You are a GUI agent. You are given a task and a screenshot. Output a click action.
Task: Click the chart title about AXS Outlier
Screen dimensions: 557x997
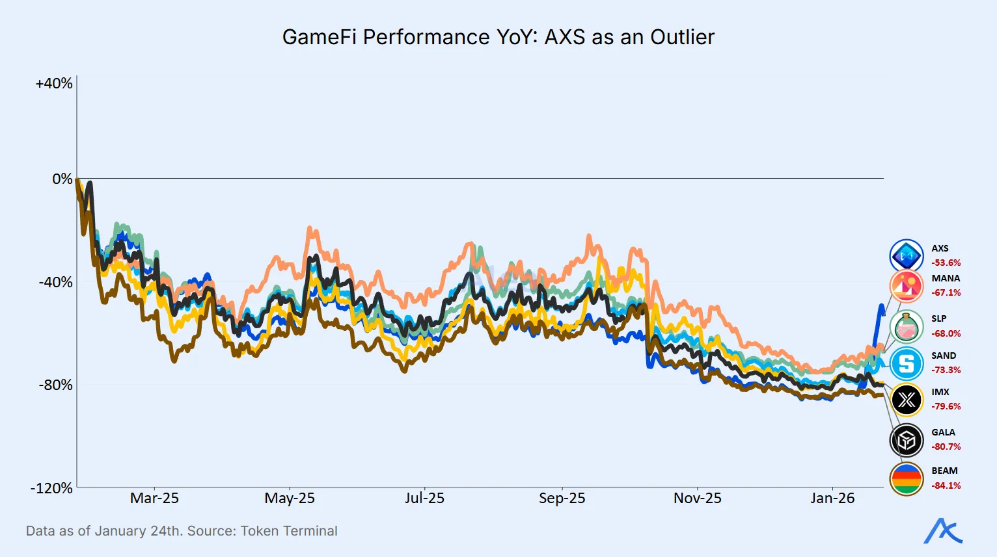click(498, 37)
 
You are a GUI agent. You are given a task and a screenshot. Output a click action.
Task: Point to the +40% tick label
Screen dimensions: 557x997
click(54, 84)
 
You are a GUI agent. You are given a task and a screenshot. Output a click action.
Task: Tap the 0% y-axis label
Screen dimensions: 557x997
click(62, 179)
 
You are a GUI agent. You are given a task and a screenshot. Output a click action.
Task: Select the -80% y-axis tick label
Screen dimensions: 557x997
click(55, 385)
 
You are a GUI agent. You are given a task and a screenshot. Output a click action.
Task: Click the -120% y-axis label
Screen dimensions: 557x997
click(51, 488)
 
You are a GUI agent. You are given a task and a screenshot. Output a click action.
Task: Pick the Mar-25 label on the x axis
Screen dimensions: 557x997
click(154, 499)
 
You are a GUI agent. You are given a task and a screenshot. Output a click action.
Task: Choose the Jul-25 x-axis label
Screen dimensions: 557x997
click(424, 499)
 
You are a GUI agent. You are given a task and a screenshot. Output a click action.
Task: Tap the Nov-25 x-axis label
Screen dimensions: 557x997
click(697, 499)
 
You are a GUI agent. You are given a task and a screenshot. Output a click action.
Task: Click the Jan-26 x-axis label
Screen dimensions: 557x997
click(832, 499)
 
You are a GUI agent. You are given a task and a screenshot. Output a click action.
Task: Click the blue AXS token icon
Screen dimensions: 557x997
click(907, 256)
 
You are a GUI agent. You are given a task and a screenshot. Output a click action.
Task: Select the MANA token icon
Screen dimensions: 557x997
click(907, 285)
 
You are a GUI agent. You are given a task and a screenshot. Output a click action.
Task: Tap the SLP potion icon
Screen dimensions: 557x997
click(907, 326)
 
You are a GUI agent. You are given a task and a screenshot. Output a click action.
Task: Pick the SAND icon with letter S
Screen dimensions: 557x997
click(907, 363)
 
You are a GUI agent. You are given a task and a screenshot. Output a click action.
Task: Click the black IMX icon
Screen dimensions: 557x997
click(907, 400)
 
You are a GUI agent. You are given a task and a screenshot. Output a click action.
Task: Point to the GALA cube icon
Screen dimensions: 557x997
click(907, 440)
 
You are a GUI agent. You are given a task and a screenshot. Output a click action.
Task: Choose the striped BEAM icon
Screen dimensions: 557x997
click(907, 479)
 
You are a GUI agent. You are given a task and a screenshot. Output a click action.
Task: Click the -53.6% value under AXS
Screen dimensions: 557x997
click(946, 263)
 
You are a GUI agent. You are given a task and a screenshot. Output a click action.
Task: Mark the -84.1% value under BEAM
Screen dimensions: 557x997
click(946, 486)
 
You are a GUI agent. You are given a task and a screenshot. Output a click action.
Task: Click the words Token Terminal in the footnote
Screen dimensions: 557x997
click(289, 531)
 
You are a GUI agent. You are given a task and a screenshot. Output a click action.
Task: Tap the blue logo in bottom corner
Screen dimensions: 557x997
click(943, 531)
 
